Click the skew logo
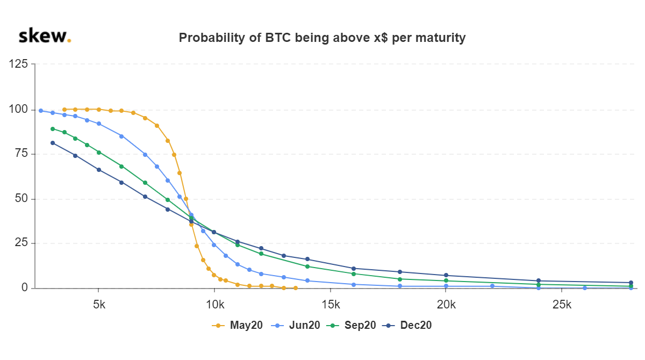(45, 36)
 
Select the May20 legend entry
(239, 325)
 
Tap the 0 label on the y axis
(25, 289)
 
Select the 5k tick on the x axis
(99, 305)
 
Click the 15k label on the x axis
(331, 305)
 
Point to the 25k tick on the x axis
(562, 305)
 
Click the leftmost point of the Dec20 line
(53, 143)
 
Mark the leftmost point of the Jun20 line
(41, 111)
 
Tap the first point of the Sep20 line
(53, 129)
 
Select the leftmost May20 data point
(64, 110)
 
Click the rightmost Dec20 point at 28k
(631, 283)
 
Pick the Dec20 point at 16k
(354, 268)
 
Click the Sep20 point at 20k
(446, 280)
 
